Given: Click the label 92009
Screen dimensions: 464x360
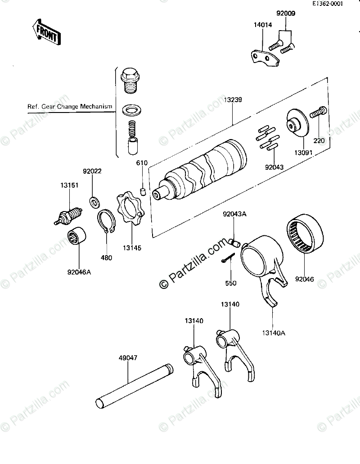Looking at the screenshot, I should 286,14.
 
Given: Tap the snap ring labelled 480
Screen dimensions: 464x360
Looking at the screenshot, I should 107,222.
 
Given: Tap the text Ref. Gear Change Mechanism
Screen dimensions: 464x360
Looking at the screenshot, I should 70,107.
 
